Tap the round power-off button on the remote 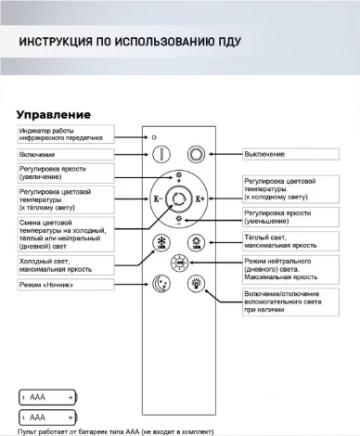point(196,155)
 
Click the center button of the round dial point(179,199)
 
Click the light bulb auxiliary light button point(196,284)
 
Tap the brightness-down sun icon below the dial point(179,222)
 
